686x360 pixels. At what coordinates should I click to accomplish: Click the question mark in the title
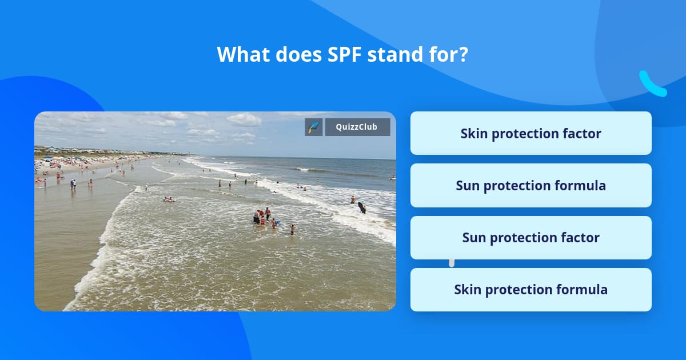(464, 55)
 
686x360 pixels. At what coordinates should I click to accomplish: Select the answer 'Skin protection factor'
(531, 133)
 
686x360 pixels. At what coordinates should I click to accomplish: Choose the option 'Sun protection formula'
(531, 185)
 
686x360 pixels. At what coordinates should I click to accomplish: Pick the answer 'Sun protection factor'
(531, 238)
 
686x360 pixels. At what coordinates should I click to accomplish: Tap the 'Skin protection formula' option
(531, 290)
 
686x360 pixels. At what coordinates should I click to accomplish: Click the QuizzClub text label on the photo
(357, 127)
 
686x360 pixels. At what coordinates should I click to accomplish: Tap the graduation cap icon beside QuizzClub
(314, 127)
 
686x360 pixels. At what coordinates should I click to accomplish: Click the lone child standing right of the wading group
(292, 229)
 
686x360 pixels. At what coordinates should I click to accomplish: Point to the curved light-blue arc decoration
(651, 85)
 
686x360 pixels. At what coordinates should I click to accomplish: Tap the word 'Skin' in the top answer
(473, 133)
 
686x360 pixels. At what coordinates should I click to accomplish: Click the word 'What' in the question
(243, 55)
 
